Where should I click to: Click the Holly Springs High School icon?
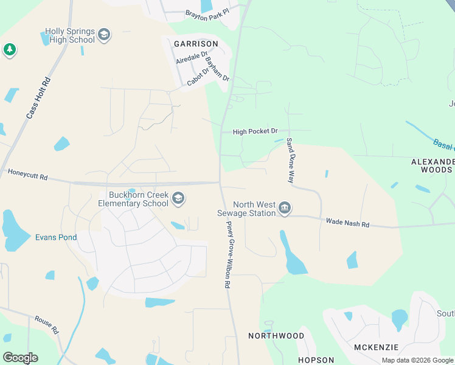coord(104,35)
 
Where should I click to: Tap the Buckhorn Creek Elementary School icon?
coord(178,198)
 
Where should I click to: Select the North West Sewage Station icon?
coord(284,209)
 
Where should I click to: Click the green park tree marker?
coord(9,49)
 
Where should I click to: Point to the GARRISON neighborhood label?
coord(196,44)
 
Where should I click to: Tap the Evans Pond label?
coord(56,237)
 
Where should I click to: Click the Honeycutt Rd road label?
coord(27,175)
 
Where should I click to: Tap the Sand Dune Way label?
coord(291,161)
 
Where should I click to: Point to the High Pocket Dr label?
coord(255,131)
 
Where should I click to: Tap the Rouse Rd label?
coord(46,325)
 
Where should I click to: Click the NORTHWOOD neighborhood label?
coord(276,336)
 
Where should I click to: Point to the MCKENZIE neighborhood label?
coord(376,347)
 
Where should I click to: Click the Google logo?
coord(20,358)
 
